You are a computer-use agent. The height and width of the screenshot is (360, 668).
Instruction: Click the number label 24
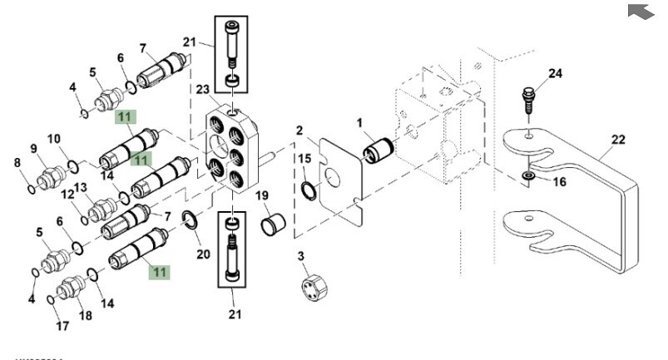(x=555, y=73)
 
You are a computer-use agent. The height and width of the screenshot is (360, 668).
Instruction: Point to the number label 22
(x=617, y=141)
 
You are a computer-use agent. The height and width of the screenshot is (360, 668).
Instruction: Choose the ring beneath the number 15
(x=308, y=191)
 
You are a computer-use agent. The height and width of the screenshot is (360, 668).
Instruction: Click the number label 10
(x=54, y=138)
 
